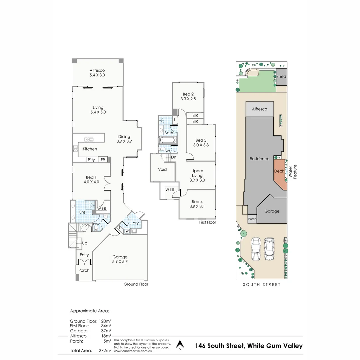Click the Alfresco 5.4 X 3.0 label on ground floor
point(97,73)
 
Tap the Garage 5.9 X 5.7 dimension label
point(120,259)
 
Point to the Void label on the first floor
point(162,169)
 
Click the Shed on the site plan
point(281,76)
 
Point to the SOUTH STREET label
point(261,284)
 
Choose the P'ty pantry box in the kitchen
point(91,160)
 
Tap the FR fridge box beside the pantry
point(103,160)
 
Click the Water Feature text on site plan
point(292,172)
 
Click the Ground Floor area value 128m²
point(105,321)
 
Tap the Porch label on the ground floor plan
point(84,270)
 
